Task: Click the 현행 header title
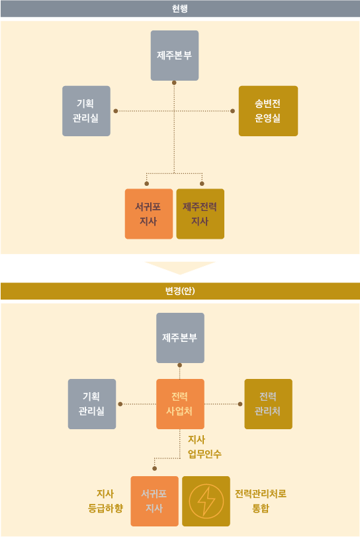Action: point(179,9)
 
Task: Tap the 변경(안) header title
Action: point(180,291)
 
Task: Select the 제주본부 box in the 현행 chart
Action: point(175,56)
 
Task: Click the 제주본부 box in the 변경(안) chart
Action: point(181,338)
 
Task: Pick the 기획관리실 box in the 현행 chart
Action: point(86,111)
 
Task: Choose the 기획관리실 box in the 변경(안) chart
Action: point(92,404)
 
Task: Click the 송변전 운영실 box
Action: point(268,111)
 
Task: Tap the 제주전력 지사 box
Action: point(201,214)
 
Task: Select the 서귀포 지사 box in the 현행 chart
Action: point(149,214)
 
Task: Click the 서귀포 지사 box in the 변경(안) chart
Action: point(155,501)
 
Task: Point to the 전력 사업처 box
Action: point(181,404)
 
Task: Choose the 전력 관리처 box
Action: point(269,404)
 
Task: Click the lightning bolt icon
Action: point(206,501)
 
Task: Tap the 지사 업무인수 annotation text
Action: point(204,446)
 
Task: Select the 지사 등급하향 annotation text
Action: point(105,501)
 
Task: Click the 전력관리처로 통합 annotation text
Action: point(261,501)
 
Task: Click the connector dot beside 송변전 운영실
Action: point(232,111)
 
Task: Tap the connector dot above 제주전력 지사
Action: point(202,184)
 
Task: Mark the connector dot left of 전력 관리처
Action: point(240,404)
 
